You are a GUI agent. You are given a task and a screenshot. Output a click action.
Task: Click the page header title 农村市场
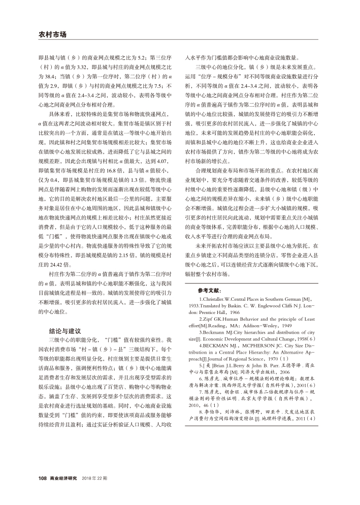tap(52, 35)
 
